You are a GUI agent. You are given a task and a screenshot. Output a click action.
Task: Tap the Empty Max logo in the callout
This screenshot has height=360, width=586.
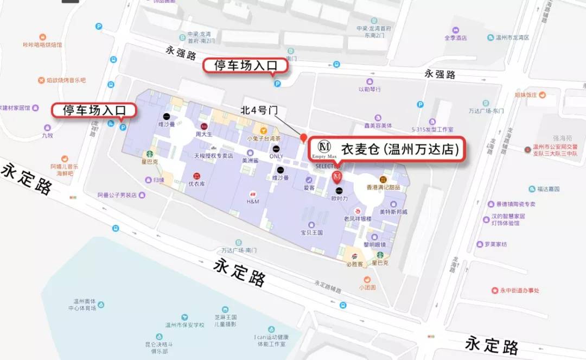[x=324, y=148]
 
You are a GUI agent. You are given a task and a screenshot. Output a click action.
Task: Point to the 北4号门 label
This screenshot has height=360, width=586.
[x=259, y=110]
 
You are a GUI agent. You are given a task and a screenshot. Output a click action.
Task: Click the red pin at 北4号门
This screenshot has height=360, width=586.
[x=304, y=138]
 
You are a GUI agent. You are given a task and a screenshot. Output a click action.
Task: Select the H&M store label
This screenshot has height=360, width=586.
[x=253, y=201]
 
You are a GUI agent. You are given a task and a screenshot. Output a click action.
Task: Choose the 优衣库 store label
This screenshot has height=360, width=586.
[x=196, y=184]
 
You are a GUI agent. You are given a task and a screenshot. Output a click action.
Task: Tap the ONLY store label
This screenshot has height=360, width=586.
[x=276, y=156]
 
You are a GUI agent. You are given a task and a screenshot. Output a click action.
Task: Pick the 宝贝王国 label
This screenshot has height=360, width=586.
[x=311, y=232]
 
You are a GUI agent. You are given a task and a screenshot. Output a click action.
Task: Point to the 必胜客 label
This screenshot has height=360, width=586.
[x=354, y=264]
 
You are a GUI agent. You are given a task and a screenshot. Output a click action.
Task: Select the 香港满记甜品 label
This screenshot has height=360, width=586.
[x=383, y=187]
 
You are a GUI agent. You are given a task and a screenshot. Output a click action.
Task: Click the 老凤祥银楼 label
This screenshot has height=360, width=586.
[x=358, y=218]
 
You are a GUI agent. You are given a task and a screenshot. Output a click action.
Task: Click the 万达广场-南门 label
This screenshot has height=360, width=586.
[x=239, y=250]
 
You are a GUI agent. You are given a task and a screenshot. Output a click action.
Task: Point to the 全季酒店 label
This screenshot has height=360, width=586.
[x=456, y=38]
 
